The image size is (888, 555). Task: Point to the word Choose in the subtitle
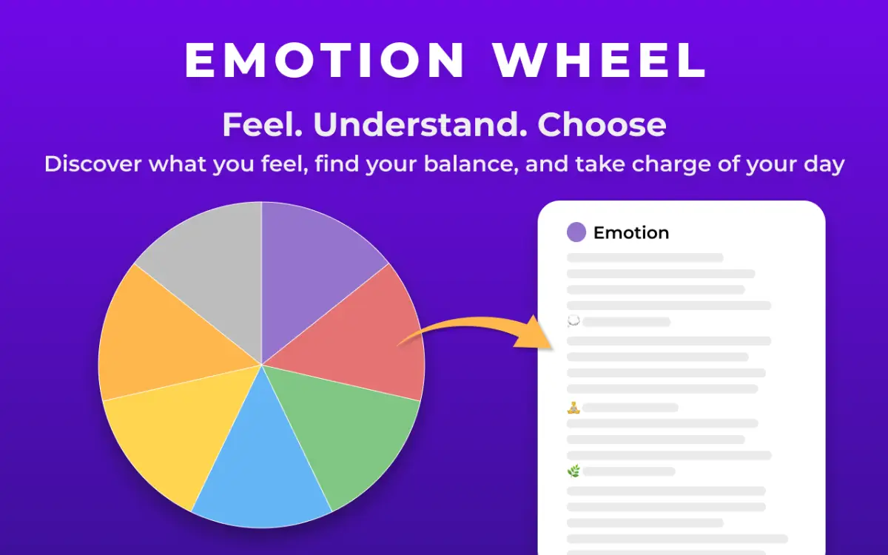(602, 125)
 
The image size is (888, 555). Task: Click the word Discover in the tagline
(92, 163)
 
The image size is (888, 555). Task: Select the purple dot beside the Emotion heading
(576, 232)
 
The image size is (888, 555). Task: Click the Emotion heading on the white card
(631, 232)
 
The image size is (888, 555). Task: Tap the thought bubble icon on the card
(573, 321)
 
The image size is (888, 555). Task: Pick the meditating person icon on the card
(573, 407)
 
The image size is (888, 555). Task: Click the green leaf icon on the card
(573, 471)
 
